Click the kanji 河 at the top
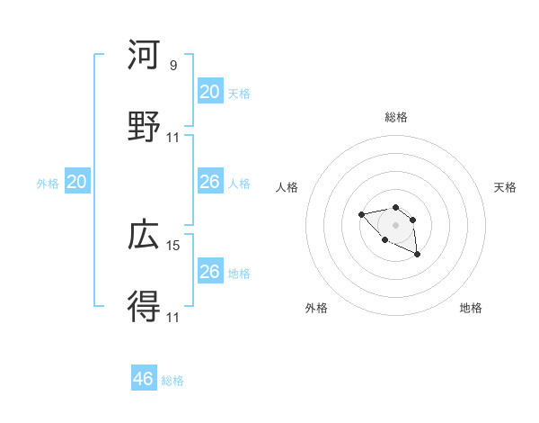click(x=145, y=55)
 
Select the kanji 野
click(x=145, y=127)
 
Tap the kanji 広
click(x=145, y=235)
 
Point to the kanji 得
click(x=145, y=307)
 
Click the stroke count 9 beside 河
click(x=173, y=65)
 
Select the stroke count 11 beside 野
click(x=173, y=137)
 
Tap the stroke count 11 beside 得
click(x=173, y=317)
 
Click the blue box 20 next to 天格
click(x=210, y=91)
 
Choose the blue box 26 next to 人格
click(x=210, y=182)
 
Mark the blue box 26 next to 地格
click(x=210, y=272)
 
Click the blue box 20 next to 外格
click(x=77, y=182)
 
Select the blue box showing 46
click(x=144, y=379)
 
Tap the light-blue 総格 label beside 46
click(x=173, y=381)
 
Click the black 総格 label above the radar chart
click(x=395, y=117)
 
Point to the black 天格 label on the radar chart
click(x=505, y=187)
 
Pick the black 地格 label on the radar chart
click(x=471, y=308)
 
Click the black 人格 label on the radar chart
click(x=287, y=187)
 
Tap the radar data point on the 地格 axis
click(x=418, y=256)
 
